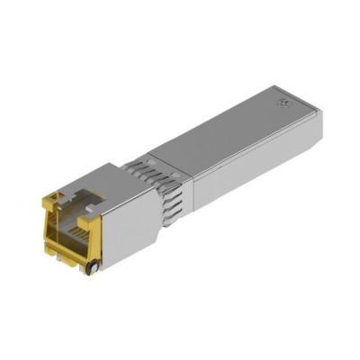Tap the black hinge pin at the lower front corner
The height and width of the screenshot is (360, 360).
(x=91, y=267)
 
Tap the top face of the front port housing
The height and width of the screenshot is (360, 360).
(x=99, y=180)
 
